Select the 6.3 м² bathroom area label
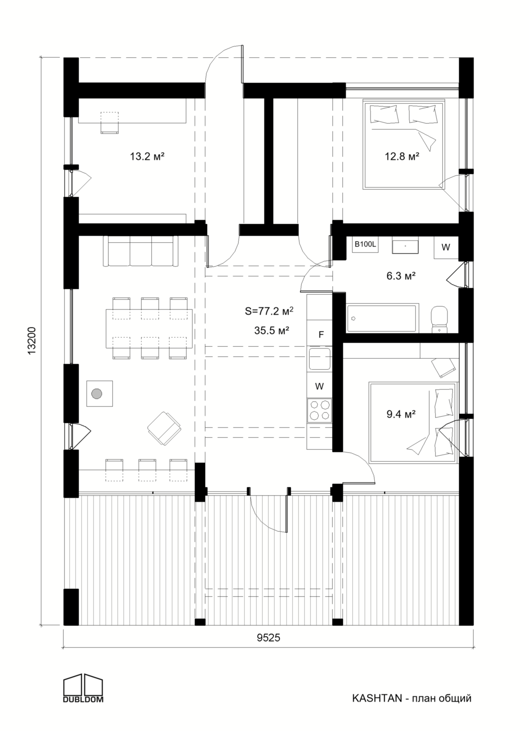tap(401, 276)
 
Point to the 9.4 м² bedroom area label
tap(401, 414)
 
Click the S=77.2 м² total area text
tap(269, 311)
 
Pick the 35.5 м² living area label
tap(271, 330)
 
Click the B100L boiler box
tap(365, 244)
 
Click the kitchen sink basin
tap(320, 359)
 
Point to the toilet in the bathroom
tap(440, 319)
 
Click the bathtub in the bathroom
tap(382, 318)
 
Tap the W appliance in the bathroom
tap(446, 247)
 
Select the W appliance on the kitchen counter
tap(320, 386)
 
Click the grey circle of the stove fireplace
tap(96, 394)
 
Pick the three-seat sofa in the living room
tap(140, 251)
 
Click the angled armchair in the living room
tap(164, 429)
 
